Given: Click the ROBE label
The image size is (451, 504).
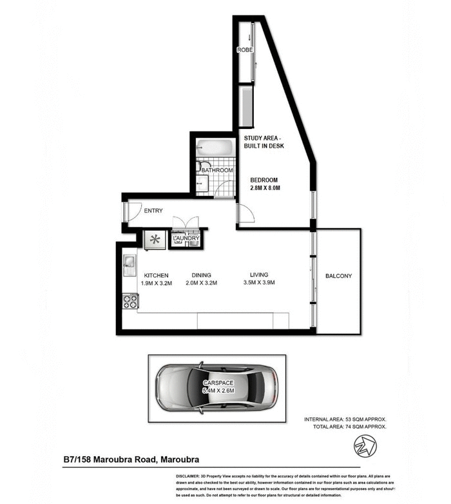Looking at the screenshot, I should pos(244,50).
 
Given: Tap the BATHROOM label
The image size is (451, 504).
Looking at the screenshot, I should pos(216,170).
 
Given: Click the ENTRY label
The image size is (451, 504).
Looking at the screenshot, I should pos(153,211).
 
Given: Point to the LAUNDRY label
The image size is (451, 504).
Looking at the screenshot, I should pos(186,238).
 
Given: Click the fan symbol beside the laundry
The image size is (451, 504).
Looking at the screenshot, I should pos(155,239).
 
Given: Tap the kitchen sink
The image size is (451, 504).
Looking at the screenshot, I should pos(129,262).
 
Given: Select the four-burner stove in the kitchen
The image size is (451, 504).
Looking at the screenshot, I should pos(130,300).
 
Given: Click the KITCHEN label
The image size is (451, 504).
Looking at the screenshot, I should pos(156,274).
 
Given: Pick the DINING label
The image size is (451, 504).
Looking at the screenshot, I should pos(201,274).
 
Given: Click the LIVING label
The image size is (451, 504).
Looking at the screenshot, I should pos(259,274).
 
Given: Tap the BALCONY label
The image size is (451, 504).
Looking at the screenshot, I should pos(339,276).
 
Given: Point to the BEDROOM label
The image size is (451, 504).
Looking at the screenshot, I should pos(264,179).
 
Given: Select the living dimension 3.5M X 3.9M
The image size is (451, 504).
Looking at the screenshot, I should pos(259,283).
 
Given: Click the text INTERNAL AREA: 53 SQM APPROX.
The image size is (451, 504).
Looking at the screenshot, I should pos(345,420).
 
